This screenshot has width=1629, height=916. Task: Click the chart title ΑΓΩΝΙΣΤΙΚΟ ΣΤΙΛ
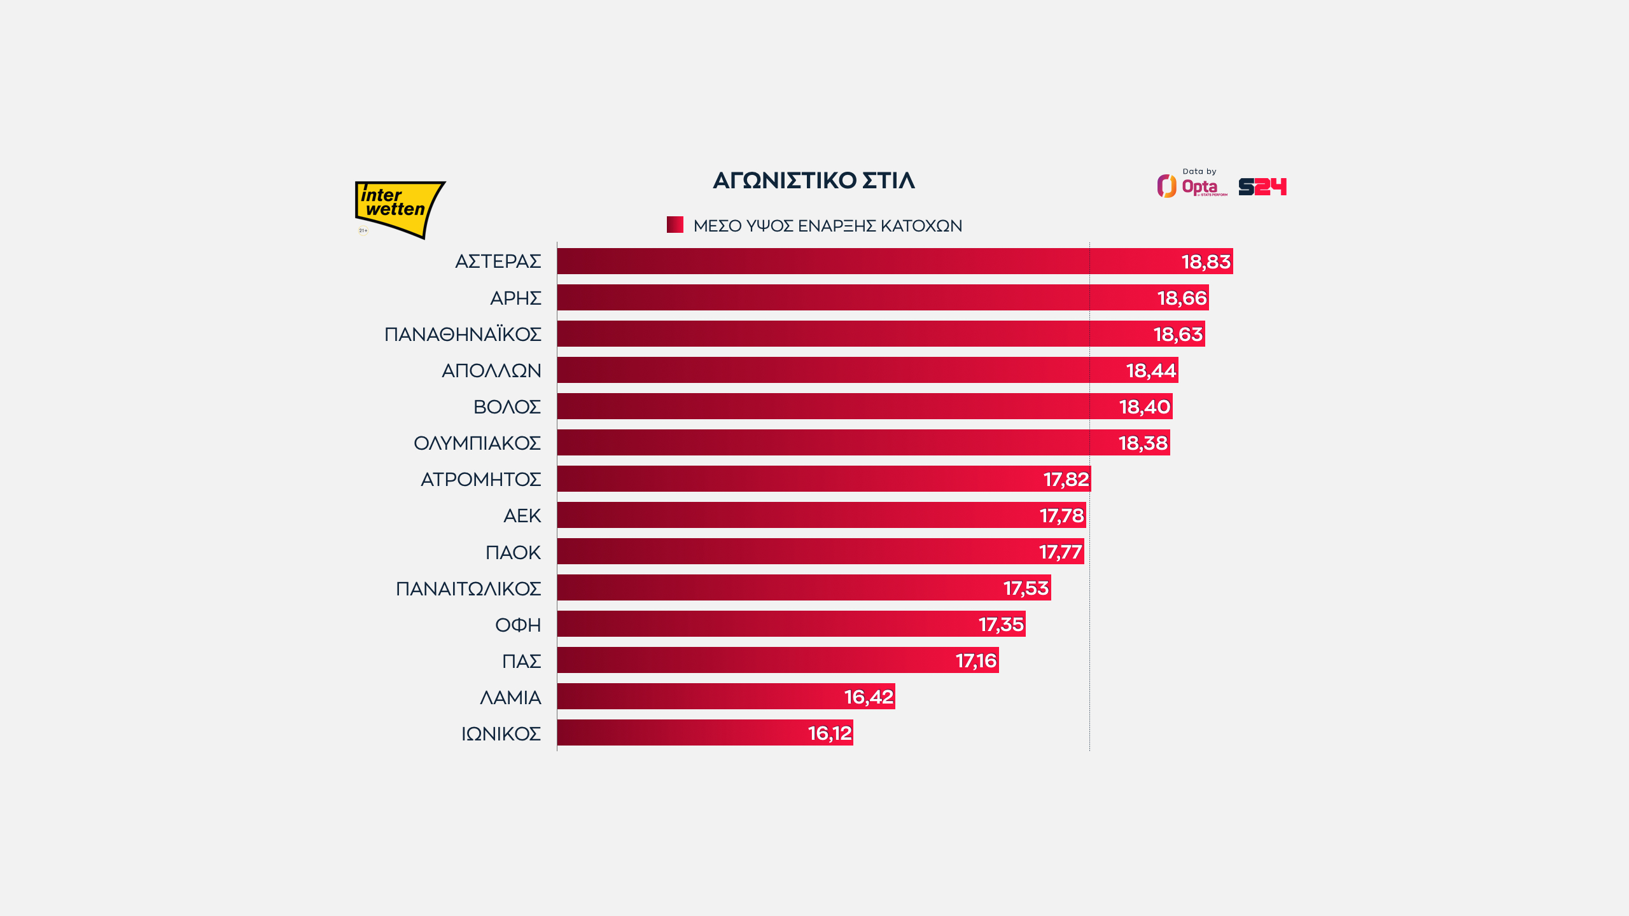click(813, 181)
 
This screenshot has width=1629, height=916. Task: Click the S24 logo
click(1262, 186)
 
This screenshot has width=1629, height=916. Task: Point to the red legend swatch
click(675, 225)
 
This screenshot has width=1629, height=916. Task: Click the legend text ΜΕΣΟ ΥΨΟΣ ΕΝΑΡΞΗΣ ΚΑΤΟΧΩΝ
click(827, 226)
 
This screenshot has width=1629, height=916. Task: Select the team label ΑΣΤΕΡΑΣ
click(498, 261)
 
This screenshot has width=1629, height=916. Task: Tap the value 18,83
click(1206, 261)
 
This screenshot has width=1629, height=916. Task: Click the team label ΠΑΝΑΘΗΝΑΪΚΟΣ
click(463, 334)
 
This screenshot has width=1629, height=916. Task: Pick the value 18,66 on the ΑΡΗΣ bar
click(1182, 298)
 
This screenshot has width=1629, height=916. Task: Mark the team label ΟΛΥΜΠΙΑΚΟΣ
click(477, 443)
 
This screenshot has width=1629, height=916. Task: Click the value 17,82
click(1066, 479)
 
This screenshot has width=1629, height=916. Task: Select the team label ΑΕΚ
click(522, 515)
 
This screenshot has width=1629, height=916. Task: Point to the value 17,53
click(1026, 588)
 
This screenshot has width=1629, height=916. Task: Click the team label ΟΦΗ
click(518, 625)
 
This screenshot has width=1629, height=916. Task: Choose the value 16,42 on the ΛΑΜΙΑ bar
click(869, 697)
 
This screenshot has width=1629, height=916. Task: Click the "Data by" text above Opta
click(1199, 171)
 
